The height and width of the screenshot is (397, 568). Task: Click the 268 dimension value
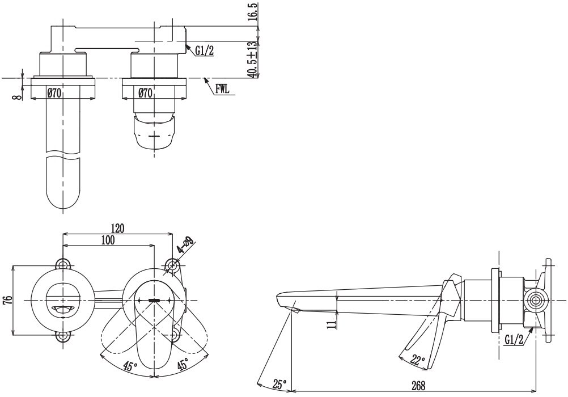coord(418,386)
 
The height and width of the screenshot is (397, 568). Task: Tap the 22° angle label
coord(418,360)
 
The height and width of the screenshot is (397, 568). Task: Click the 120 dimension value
coord(117,229)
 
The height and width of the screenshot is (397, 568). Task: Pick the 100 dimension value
coord(108,240)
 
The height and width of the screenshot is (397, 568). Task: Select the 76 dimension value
coord(9,299)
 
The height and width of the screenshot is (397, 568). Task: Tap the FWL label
coord(222,89)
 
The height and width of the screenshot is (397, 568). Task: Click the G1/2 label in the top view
coord(204,51)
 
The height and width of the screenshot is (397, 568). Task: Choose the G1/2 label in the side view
coord(514,340)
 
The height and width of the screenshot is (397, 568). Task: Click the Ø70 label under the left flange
coord(54,93)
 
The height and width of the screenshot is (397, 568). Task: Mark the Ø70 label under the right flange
coord(145,93)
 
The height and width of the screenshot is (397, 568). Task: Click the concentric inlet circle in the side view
coord(536,301)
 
